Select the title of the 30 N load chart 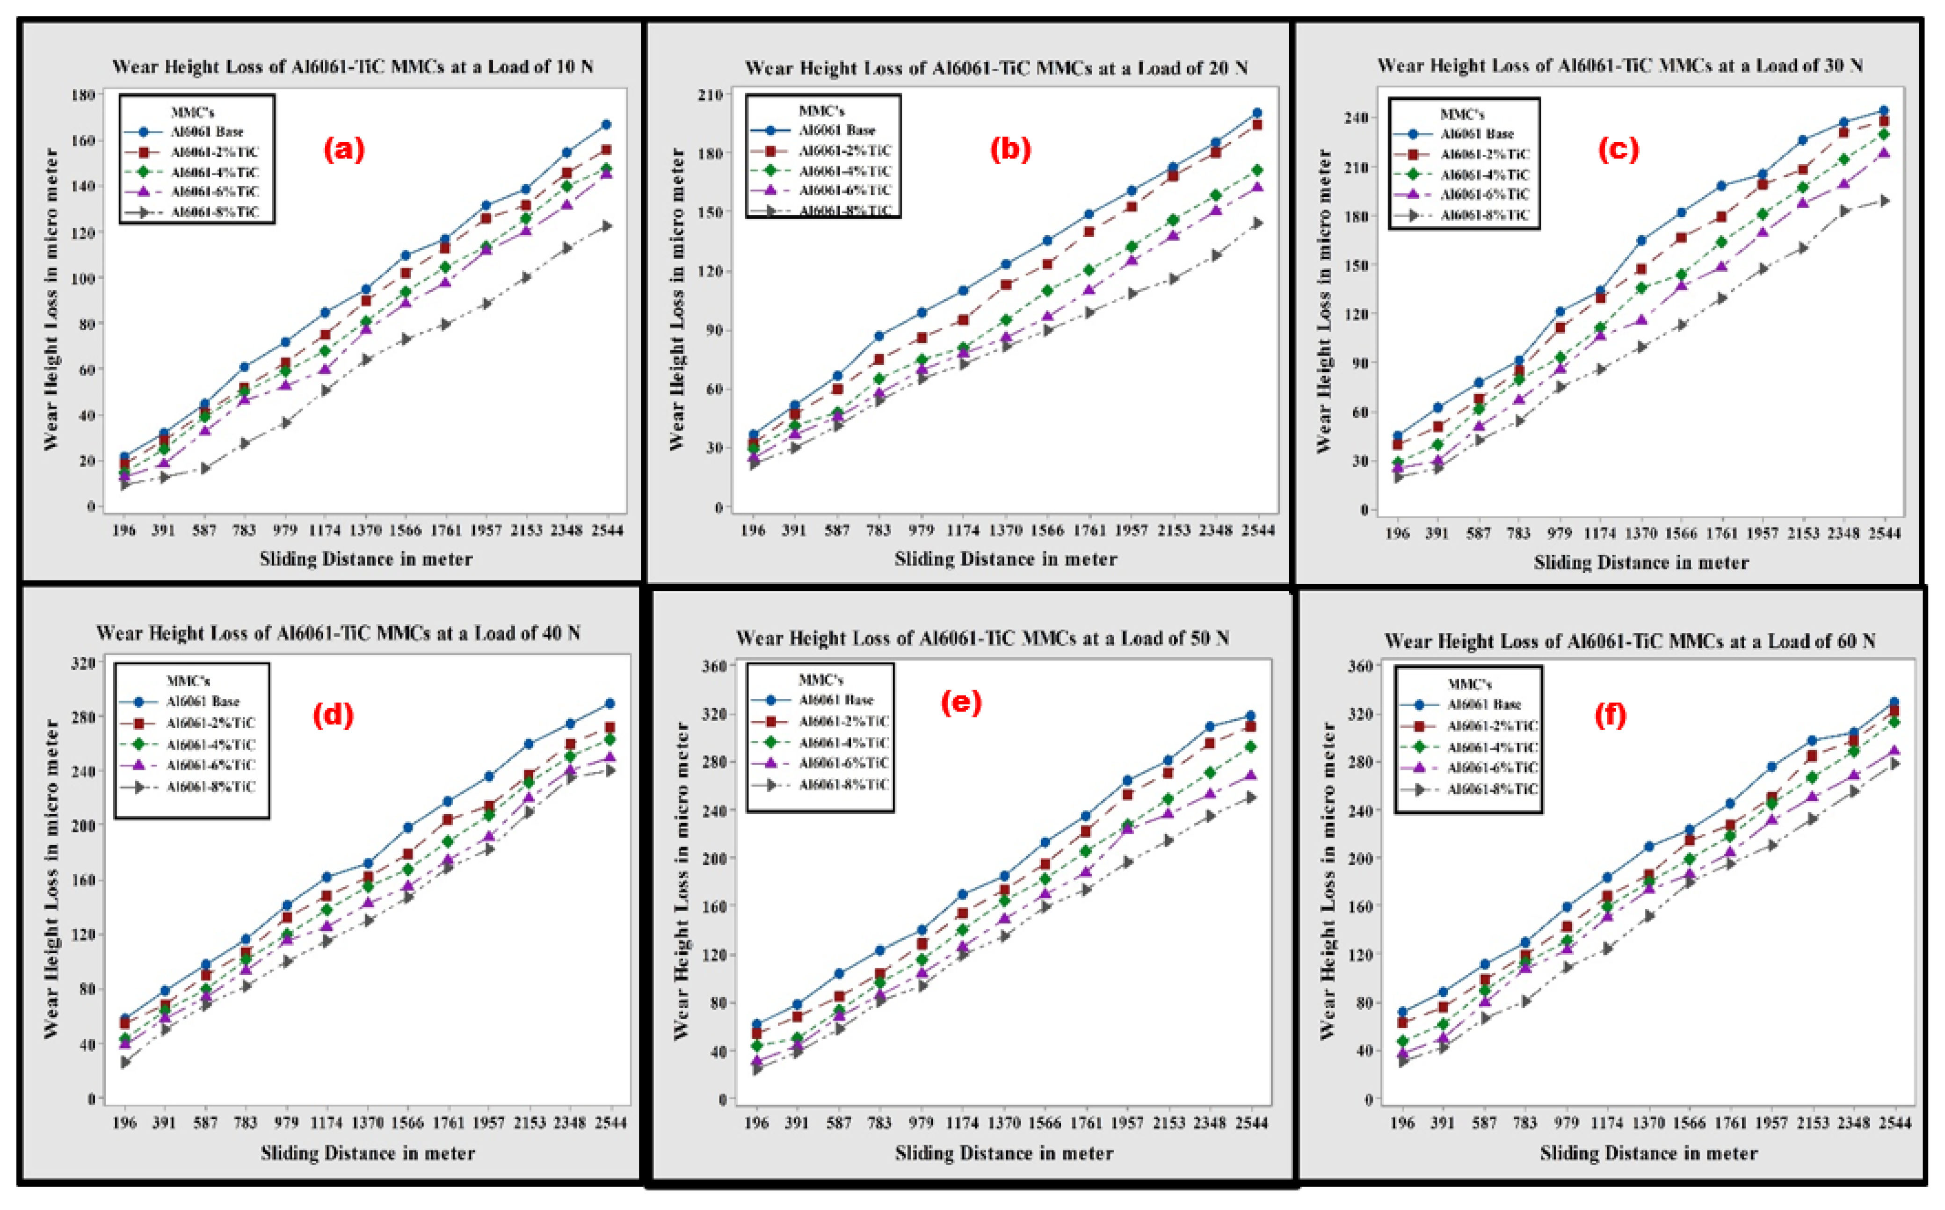[1619, 65]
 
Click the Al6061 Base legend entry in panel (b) [836, 130]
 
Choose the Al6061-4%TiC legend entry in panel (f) [1492, 746]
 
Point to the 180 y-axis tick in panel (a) [83, 94]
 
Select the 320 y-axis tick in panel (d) [83, 663]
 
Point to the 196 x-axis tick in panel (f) [1401, 1123]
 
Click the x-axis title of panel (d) [367, 1153]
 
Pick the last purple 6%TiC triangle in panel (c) [1883, 153]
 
